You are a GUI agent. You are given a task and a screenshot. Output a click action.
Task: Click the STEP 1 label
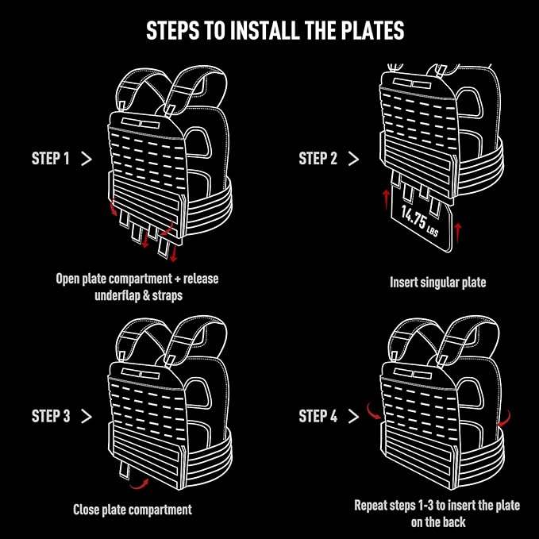(51, 159)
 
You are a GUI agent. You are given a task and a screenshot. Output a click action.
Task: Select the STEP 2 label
(318, 159)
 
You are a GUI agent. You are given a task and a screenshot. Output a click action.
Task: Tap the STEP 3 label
(51, 416)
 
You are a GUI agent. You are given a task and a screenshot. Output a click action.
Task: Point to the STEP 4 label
(318, 416)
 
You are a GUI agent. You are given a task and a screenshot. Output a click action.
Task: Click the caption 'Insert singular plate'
(437, 282)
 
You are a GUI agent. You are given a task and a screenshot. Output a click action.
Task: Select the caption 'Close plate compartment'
(133, 509)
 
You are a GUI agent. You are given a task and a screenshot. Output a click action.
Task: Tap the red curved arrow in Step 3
(141, 481)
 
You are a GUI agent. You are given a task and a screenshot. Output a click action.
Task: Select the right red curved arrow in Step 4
(505, 417)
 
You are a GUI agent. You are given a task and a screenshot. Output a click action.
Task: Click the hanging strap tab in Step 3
(125, 469)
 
